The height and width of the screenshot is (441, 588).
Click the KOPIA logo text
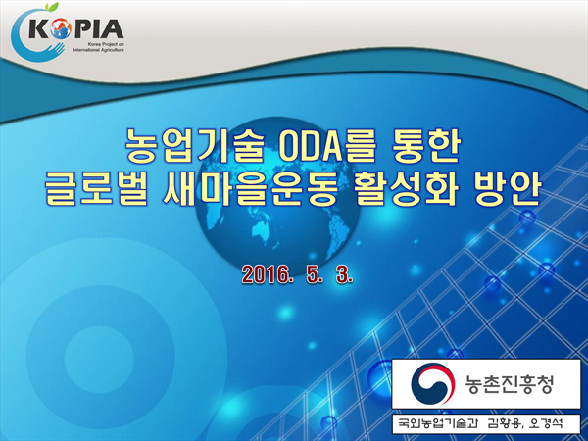click(76, 28)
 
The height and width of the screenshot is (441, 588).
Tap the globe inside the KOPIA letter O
click(60, 29)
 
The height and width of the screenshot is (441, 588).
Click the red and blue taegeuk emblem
click(433, 383)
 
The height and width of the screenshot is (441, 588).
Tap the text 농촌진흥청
click(510, 384)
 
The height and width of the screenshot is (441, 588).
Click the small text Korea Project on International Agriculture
click(98, 47)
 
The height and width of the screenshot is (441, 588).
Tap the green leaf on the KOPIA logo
click(53, 7)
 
